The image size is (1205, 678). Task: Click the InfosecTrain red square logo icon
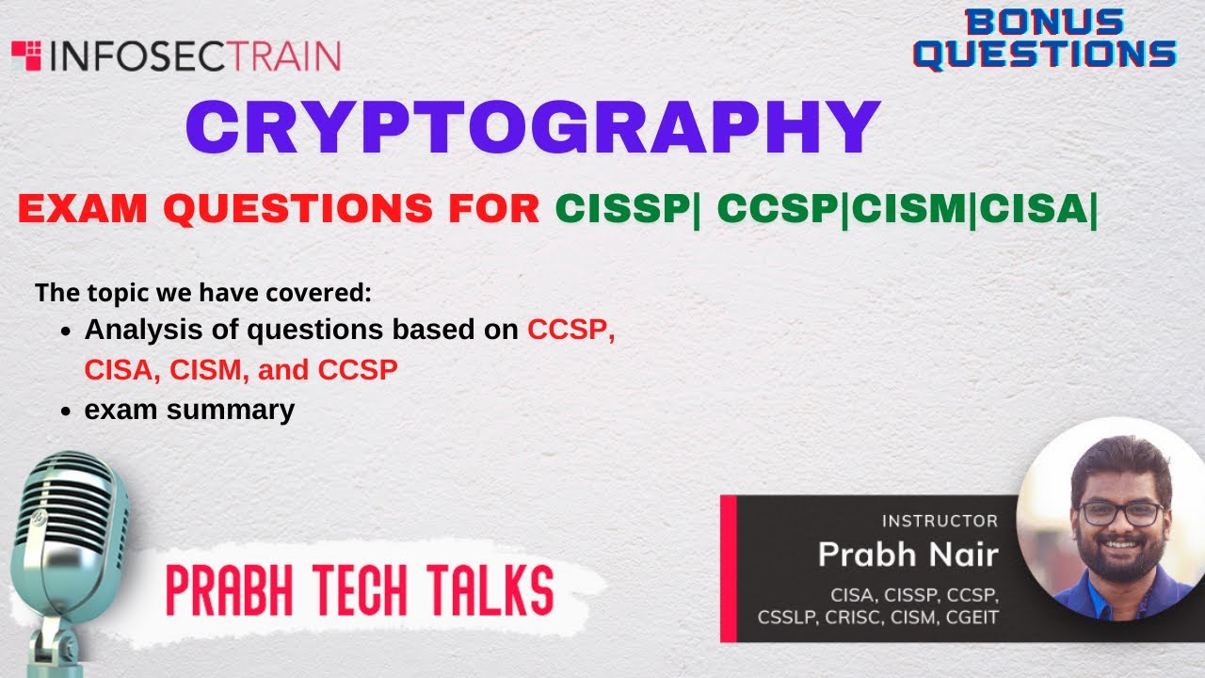[x=26, y=56]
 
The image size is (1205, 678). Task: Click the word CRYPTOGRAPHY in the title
[x=533, y=128]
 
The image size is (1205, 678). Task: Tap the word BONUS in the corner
[x=1045, y=23]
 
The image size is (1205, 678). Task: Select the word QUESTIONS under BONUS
[x=1045, y=54]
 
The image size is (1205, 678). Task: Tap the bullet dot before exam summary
[x=66, y=412]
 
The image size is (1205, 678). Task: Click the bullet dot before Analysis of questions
[x=66, y=331]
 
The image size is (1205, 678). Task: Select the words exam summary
[x=189, y=411]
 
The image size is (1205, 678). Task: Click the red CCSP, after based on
[x=571, y=331]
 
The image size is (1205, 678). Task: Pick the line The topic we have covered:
[x=203, y=292]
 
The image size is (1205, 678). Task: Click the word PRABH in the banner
[x=222, y=591]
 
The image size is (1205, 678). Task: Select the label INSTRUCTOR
[x=939, y=521]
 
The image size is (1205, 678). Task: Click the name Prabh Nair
[x=907, y=554]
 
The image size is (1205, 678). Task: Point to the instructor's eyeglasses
[x=1119, y=513]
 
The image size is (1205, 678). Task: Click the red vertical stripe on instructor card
[x=727, y=568]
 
